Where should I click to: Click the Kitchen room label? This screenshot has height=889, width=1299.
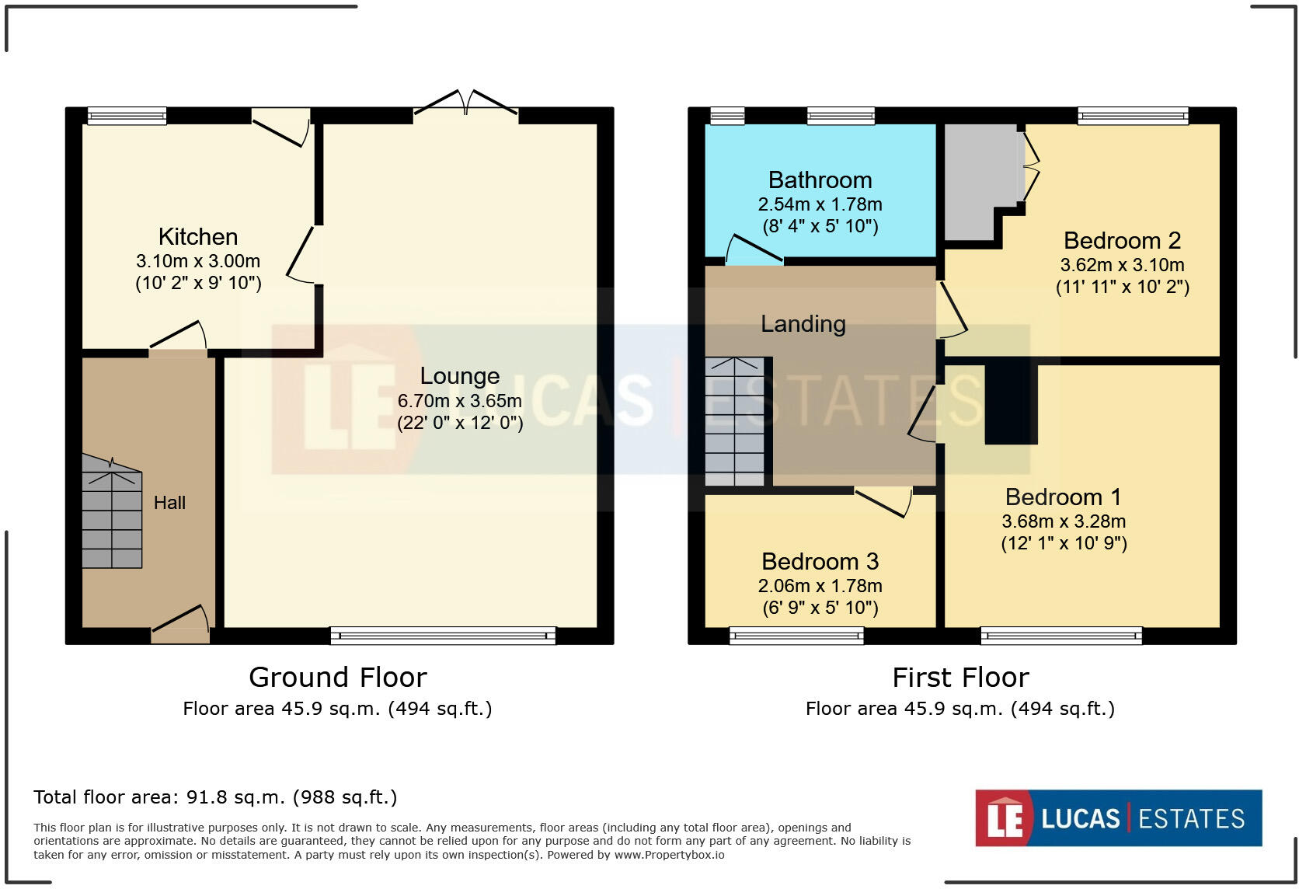coord(198,236)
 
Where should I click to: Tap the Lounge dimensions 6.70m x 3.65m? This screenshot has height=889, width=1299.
coord(459,401)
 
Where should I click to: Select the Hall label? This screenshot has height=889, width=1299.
coord(169,502)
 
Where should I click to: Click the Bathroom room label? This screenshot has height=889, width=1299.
coord(820,180)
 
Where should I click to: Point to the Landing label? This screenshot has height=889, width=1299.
coord(803,324)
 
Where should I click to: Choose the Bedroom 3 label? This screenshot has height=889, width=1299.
coord(820,561)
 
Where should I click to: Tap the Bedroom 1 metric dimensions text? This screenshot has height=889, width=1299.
coord(1064,521)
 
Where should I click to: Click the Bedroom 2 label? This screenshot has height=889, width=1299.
coord(1122,240)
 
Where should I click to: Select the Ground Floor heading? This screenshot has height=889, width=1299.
coord(337,678)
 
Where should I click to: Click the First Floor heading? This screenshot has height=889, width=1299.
coord(960,678)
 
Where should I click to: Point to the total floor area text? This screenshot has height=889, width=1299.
coord(215,797)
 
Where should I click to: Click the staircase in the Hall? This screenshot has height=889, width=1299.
coord(112,511)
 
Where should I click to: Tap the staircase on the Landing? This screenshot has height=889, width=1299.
coord(735,422)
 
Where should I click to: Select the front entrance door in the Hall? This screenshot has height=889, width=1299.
coord(180,623)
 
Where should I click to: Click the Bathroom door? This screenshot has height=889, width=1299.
coord(754,249)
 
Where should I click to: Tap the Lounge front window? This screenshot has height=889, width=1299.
coord(443,636)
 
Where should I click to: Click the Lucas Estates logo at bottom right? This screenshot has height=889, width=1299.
coord(1119,818)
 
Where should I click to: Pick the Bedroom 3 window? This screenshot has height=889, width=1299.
coord(796,636)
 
